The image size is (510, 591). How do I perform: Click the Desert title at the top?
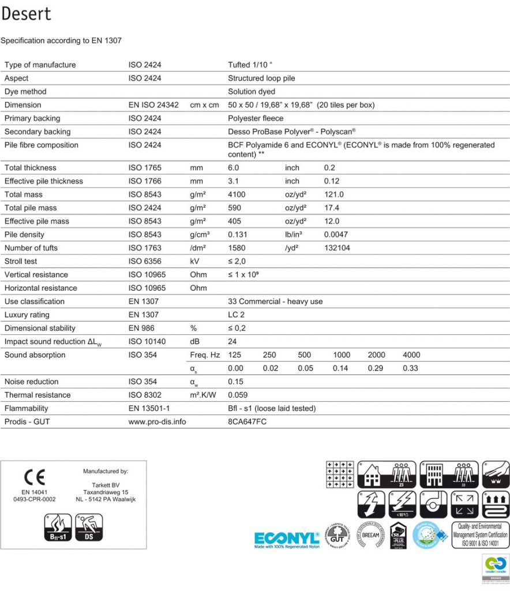point(27,14)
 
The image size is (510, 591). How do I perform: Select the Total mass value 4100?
point(237,194)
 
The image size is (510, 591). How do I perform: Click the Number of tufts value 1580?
point(237,248)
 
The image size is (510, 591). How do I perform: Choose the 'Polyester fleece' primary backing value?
point(256,118)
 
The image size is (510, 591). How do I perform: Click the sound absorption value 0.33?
point(410,368)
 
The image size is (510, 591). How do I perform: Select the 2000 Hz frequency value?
point(376,355)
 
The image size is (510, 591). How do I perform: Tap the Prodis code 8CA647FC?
point(247,422)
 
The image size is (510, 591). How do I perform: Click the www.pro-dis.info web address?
point(157,422)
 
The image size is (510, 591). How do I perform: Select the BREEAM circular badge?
point(370,535)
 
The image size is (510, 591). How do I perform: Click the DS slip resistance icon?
point(89,528)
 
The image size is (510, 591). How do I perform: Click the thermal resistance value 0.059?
point(238,395)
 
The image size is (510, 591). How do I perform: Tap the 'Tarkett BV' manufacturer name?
point(106,484)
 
